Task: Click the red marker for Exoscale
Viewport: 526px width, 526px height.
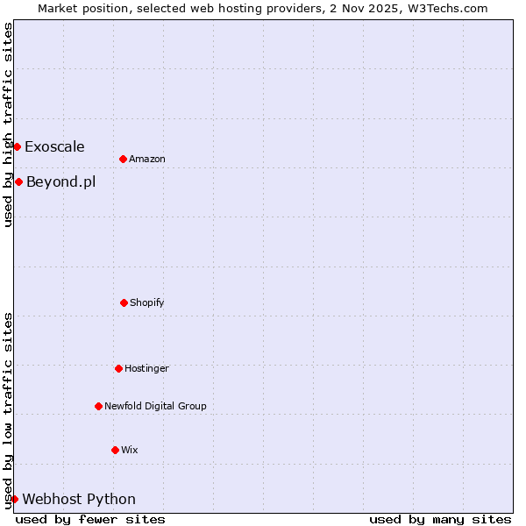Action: coord(17,146)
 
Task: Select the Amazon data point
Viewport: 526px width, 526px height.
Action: coord(123,159)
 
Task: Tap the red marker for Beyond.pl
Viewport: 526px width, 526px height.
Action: coord(18,181)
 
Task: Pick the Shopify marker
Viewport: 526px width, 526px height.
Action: coord(124,302)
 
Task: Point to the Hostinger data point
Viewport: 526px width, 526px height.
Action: coord(118,368)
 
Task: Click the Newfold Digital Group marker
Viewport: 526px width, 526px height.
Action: coord(98,406)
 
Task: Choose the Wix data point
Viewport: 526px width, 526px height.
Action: coord(115,450)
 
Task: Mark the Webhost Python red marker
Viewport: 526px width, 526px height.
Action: coord(14,499)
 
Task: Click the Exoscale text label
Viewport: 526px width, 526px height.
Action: coord(54,146)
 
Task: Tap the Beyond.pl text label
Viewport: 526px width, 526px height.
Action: coord(60,182)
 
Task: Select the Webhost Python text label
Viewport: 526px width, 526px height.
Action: coord(79,500)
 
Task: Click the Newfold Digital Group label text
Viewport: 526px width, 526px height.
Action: coord(155,406)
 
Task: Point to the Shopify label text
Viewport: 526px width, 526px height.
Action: coord(146,302)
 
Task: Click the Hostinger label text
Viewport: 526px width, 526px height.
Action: coord(146,368)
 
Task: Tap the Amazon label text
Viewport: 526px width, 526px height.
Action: coord(146,159)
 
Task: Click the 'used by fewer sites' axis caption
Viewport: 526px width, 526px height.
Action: coord(90,519)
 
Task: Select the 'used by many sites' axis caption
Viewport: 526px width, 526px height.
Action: coord(440,519)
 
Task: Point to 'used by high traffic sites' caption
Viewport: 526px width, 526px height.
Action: coord(8,124)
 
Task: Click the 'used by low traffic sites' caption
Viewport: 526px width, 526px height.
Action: coord(8,410)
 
